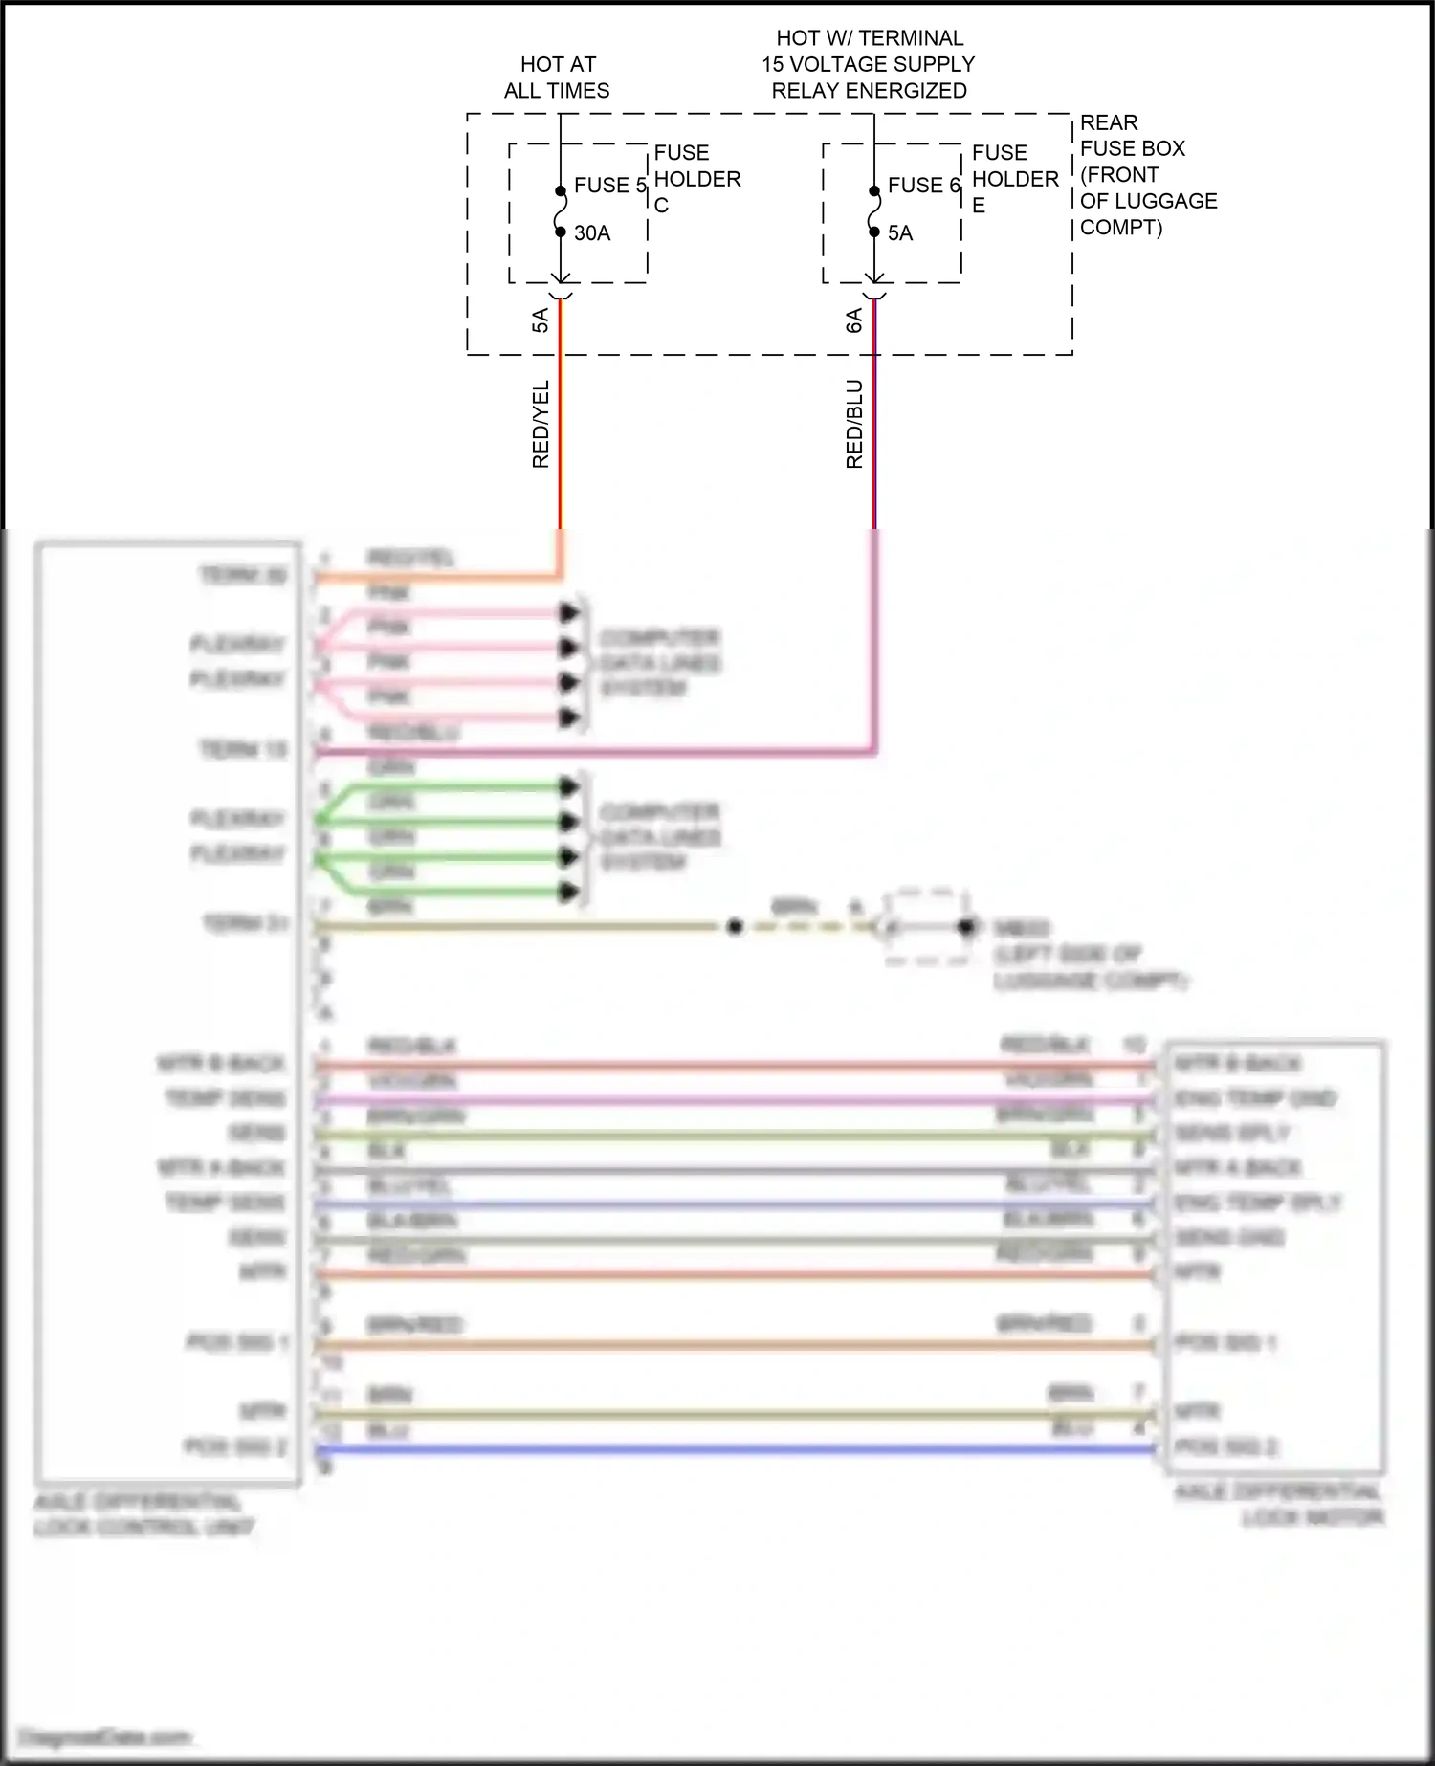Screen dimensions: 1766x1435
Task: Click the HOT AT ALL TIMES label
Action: [558, 77]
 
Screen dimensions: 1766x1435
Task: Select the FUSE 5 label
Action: [609, 186]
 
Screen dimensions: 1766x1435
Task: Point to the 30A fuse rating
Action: [592, 233]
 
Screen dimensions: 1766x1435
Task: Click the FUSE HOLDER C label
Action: [696, 179]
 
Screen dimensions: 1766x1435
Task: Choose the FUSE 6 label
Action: [922, 186]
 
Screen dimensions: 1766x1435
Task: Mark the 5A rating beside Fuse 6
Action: [900, 233]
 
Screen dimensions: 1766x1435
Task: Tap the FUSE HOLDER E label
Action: [1014, 179]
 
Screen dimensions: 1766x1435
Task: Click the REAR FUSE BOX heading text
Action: [1132, 136]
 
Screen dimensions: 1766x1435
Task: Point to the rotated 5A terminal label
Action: [541, 320]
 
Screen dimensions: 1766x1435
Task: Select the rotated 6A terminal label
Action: [854, 320]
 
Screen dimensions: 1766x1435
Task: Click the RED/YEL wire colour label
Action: [541, 424]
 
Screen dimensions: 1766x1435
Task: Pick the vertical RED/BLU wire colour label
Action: [854, 424]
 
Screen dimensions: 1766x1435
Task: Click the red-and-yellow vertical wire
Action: [561, 430]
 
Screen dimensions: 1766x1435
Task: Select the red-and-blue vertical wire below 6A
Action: [874, 430]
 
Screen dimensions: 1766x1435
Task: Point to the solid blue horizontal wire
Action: [737, 1450]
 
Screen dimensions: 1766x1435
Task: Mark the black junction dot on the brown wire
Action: [735, 927]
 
